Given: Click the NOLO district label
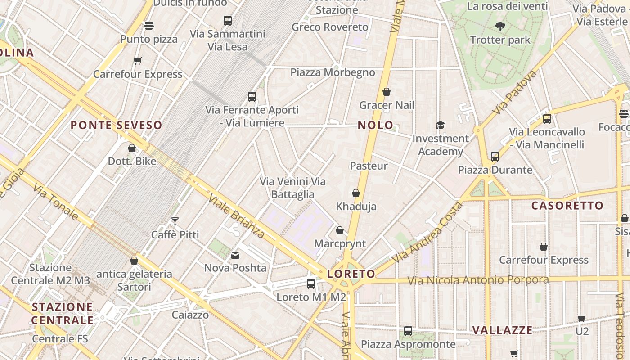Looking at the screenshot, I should pos(375,125).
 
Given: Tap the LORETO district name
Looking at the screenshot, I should pos(351,274).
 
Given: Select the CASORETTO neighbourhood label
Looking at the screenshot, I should pos(567,206).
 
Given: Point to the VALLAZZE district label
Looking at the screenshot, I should pos(502,330).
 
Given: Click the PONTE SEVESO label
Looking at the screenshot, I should pos(116,125).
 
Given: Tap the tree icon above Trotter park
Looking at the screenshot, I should pos(500,27).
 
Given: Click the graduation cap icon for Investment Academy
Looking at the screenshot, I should pos(440,125).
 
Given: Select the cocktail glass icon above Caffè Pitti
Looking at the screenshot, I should pos(175,221).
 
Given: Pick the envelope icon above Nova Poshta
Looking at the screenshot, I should pos(235,255).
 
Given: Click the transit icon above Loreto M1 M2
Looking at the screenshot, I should pos(311,284).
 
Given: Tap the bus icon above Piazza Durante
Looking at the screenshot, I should pos(495,157).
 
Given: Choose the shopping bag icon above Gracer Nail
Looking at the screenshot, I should pos(387,92).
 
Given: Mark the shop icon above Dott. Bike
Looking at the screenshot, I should pos(132,148).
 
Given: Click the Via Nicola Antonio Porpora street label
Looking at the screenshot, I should pos(478,280).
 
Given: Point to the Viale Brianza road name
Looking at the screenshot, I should pos(236,216).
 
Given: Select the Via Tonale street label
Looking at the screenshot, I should pos(56,202).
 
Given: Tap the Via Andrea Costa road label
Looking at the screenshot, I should pos(427,233).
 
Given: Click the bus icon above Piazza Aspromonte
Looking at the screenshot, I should pos(408,331).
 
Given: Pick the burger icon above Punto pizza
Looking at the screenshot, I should pos(149,26).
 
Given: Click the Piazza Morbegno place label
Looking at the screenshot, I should pos(333,72).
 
